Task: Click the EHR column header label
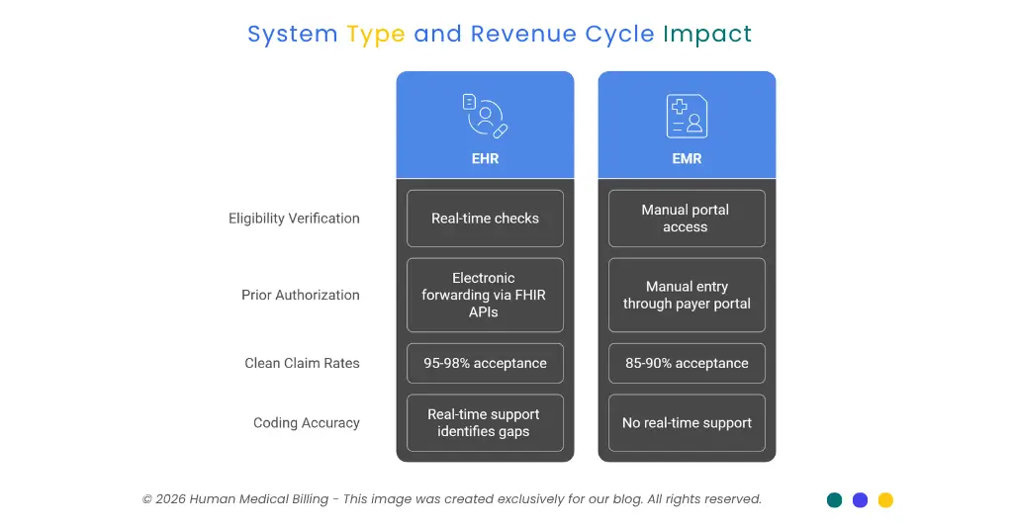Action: pyautogui.click(x=485, y=158)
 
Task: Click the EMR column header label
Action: pyautogui.click(x=687, y=158)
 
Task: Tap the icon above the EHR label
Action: pyautogui.click(x=485, y=116)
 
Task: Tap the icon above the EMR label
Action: pyautogui.click(x=687, y=116)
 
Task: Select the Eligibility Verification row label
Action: pyautogui.click(x=294, y=219)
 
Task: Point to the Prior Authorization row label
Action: pyautogui.click(x=301, y=295)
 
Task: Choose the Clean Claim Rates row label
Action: pyautogui.click(x=302, y=363)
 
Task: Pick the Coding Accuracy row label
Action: pyautogui.click(x=307, y=423)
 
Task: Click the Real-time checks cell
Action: pyautogui.click(x=485, y=219)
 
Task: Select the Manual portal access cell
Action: pyautogui.click(x=687, y=219)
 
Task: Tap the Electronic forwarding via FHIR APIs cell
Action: pyautogui.click(x=485, y=295)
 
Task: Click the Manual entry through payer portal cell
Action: pyautogui.click(x=687, y=295)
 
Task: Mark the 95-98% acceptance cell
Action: pyautogui.click(x=485, y=363)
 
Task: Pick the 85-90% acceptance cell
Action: pyautogui.click(x=687, y=363)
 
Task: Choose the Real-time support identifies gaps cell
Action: pyautogui.click(x=485, y=423)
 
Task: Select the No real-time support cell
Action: pyautogui.click(x=687, y=423)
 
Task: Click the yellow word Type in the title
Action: pyautogui.click(x=375, y=35)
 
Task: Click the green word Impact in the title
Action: pyautogui.click(x=707, y=35)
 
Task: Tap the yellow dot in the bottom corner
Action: pyautogui.click(x=885, y=500)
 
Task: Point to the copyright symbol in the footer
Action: pyautogui.click(x=146, y=499)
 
